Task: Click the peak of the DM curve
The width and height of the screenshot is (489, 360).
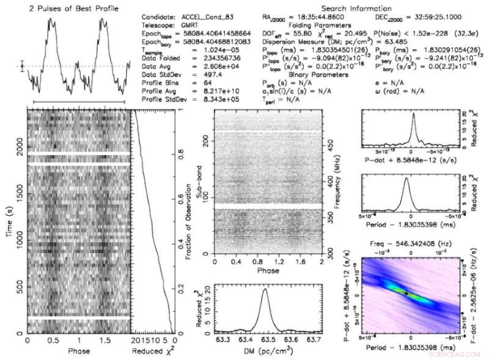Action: click(x=265, y=290)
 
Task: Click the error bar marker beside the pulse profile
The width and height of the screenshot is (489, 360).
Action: click(x=22, y=66)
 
